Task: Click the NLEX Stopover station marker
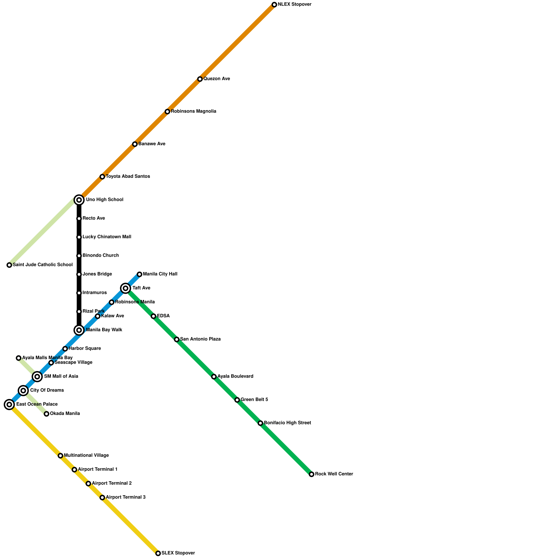(x=274, y=5)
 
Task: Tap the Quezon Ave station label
(x=217, y=79)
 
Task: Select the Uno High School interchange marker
(x=79, y=200)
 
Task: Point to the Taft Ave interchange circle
(x=126, y=288)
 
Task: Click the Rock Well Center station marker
(x=311, y=474)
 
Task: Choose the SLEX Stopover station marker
(x=158, y=553)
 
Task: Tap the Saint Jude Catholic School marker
(x=9, y=265)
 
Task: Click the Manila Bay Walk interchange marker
(x=79, y=330)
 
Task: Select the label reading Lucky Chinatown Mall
(x=107, y=237)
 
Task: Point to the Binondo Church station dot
(x=79, y=256)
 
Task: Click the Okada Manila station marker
(x=46, y=414)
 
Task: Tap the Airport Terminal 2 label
(x=112, y=483)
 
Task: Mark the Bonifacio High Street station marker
(x=261, y=423)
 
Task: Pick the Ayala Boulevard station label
(x=235, y=377)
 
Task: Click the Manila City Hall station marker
(x=139, y=274)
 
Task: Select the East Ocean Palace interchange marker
(x=9, y=405)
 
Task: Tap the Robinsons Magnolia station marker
(x=167, y=112)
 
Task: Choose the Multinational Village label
(x=86, y=455)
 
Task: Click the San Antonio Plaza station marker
(x=177, y=339)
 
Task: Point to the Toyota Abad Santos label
(x=128, y=176)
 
